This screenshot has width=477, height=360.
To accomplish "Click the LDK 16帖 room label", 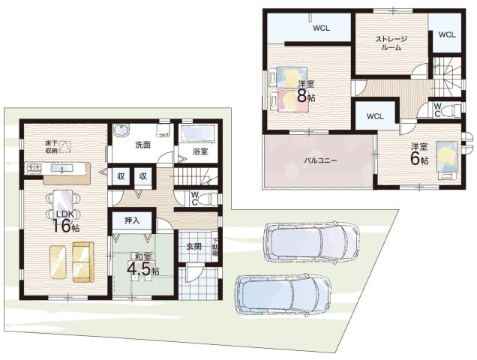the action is [x=66, y=221].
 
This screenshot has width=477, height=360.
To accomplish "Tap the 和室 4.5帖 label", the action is [x=142, y=265].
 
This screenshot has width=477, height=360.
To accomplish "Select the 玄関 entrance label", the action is [x=193, y=247].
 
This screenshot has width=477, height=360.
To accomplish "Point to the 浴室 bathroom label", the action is [x=199, y=151].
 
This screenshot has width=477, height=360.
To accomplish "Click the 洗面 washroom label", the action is [x=142, y=145].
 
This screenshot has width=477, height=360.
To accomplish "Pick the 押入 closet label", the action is [x=132, y=220].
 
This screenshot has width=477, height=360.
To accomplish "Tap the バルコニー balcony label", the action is [x=321, y=160].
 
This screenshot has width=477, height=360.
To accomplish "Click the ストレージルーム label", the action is [x=391, y=43].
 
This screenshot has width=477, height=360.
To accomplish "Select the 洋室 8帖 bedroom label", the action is [x=306, y=91].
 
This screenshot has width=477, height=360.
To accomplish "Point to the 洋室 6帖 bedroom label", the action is [x=419, y=154].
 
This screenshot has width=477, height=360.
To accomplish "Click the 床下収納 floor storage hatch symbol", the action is [x=64, y=146].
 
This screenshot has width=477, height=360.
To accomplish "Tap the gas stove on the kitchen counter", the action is [x=34, y=168].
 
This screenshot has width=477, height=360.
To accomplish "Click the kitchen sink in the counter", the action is [x=61, y=168].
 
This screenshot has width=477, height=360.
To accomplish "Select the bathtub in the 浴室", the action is [x=198, y=134].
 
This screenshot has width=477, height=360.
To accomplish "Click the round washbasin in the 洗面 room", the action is [x=121, y=131].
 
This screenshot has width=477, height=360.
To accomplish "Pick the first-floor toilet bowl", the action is [x=207, y=199].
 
